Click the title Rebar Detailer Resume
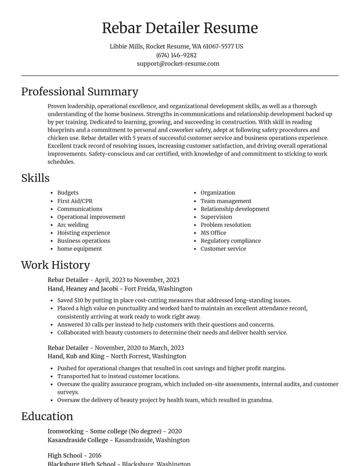pyautogui.click(x=180, y=28)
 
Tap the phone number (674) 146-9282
pyautogui.click(x=176, y=55)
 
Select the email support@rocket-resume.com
pyautogui.click(x=178, y=63)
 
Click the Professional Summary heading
pyautogui.click(x=80, y=91)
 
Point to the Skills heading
pyautogui.click(x=35, y=178)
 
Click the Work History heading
pyautogui.click(x=55, y=265)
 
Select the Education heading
pyautogui.click(x=47, y=416)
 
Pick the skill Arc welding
pyautogui.click(x=73, y=225)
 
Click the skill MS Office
pyautogui.click(x=213, y=233)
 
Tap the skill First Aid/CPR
pyautogui.click(x=75, y=201)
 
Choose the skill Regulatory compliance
pyautogui.click(x=230, y=240)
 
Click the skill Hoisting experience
pyautogui.click(x=83, y=233)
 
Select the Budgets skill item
pyautogui.click(x=67, y=193)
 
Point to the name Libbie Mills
pyautogui.click(x=126, y=46)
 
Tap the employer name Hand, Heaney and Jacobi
pyautogui.click(x=83, y=289)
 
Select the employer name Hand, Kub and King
pyautogui.click(x=76, y=356)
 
